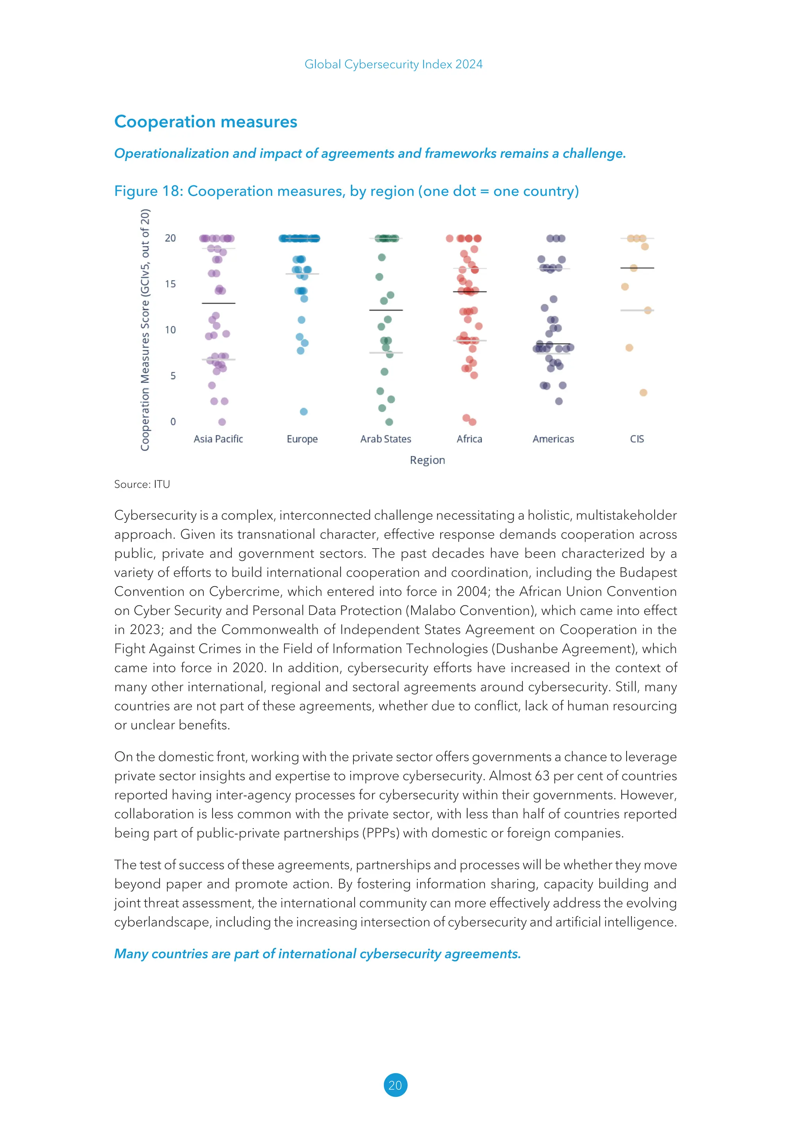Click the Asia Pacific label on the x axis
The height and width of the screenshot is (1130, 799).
(218, 439)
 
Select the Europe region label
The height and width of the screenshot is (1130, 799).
(302, 439)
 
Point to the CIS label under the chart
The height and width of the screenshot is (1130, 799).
(637, 439)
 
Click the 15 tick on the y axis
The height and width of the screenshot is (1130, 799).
(170, 284)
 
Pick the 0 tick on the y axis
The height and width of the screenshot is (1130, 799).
(173, 422)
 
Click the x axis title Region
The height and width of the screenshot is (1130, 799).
(427, 460)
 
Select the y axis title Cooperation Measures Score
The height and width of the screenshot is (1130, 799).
(145, 330)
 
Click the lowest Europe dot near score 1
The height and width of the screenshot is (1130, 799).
(304, 411)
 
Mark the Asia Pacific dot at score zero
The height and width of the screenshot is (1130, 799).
(222, 422)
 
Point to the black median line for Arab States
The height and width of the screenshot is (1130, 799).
(386, 310)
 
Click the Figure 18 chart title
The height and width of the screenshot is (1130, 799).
(346, 191)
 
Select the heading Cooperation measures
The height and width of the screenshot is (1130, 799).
(206, 122)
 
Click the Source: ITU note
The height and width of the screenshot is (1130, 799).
(142, 484)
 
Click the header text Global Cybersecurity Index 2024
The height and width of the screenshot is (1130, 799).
(394, 64)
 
